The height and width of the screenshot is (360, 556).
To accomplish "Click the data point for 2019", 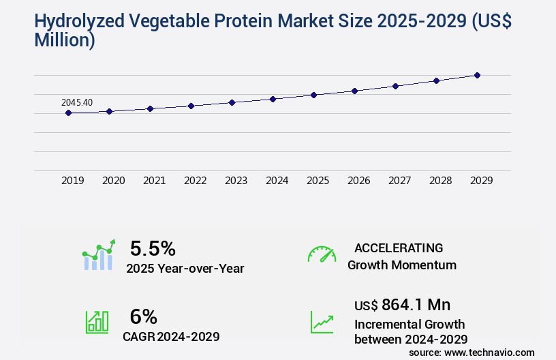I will pos(68,112).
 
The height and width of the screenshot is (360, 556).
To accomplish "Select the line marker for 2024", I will pos(273,99).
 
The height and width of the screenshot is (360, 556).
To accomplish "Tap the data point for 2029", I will pos(477,75).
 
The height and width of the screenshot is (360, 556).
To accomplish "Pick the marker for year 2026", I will pos(354,91).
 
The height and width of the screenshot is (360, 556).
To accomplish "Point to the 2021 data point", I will pos(150,108).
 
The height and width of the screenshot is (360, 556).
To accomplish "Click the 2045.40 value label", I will pos(77,102).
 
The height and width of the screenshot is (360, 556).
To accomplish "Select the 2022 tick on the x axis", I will pos(195,181).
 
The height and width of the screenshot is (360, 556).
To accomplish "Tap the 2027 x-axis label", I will pos(399,181).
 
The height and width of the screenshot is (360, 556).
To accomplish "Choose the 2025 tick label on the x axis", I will pos(318,181).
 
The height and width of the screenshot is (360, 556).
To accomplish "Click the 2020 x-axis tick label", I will pos(113,181).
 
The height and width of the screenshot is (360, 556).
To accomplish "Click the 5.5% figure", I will pos(153,247).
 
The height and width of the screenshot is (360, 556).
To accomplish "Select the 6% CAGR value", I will pos(143,316).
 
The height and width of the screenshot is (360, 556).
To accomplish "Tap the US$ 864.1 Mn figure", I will pos(402,304).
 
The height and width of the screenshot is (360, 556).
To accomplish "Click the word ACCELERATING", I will pos(399,247).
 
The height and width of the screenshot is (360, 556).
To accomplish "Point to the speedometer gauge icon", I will pos(322,254).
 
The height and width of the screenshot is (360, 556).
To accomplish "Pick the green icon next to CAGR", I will pos(97,322).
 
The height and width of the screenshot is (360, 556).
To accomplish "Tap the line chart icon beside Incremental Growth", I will pos(322,322).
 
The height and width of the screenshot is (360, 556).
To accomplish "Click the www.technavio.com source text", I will pos(489,352).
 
